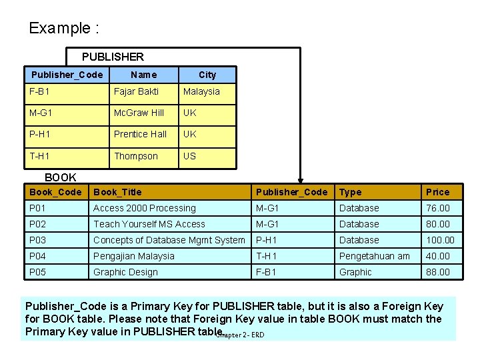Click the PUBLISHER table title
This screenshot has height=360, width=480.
pos(113,57)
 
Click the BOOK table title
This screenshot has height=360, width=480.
pos(60,177)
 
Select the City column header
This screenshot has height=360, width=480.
pos(207,75)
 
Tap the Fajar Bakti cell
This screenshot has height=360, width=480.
pos(136,91)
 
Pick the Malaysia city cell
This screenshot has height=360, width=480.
pos(201,91)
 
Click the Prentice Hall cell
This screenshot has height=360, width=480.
pos(140,134)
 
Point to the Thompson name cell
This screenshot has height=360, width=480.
pos(136,156)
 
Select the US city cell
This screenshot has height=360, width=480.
pos(190,156)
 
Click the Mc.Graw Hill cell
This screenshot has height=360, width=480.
pos(139,113)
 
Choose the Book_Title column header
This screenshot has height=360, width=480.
pos(117,192)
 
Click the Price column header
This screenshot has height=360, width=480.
pos(438,192)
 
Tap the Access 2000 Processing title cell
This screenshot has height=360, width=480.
pos(145,208)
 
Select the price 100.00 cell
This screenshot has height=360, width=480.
pos(440,240)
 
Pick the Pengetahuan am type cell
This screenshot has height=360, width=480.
pos(375,256)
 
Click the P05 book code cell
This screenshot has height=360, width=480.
pos(37,272)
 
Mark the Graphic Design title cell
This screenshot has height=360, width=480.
pos(125,272)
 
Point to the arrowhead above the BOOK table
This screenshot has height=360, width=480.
pos(301,179)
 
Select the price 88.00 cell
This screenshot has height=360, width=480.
pos(438,272)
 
